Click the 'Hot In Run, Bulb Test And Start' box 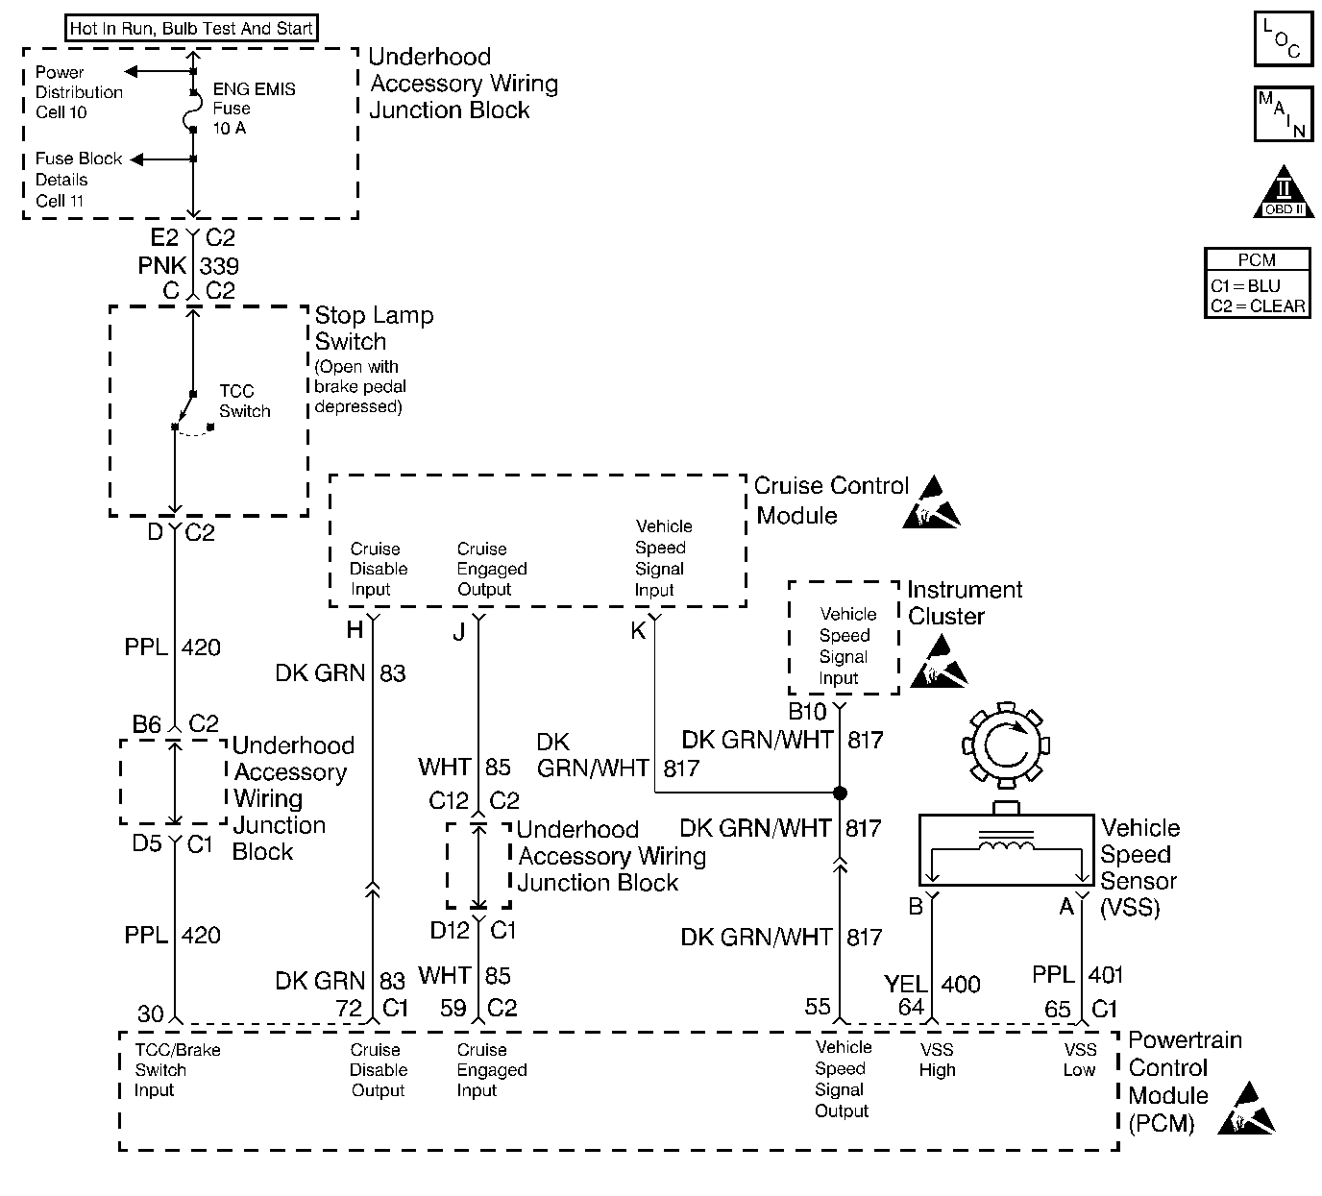point(191,28)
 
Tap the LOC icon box point(1284,38)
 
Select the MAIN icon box point(1284,114)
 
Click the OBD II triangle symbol point(1284,192)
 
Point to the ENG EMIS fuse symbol point(192,110)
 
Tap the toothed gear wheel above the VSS point(1006,745)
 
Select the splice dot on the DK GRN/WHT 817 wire point(840,793)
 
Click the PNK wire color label point(161,265)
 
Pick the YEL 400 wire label point(932,984)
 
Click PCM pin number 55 point(818,1006)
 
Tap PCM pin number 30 point(150,1013)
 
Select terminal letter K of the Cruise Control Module point(638,630)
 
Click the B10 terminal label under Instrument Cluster point(807,712)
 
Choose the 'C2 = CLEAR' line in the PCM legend point(1258,305)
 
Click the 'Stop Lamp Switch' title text point(375,329)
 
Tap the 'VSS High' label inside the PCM point(937,1060)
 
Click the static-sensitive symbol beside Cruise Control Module point(931,502)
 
